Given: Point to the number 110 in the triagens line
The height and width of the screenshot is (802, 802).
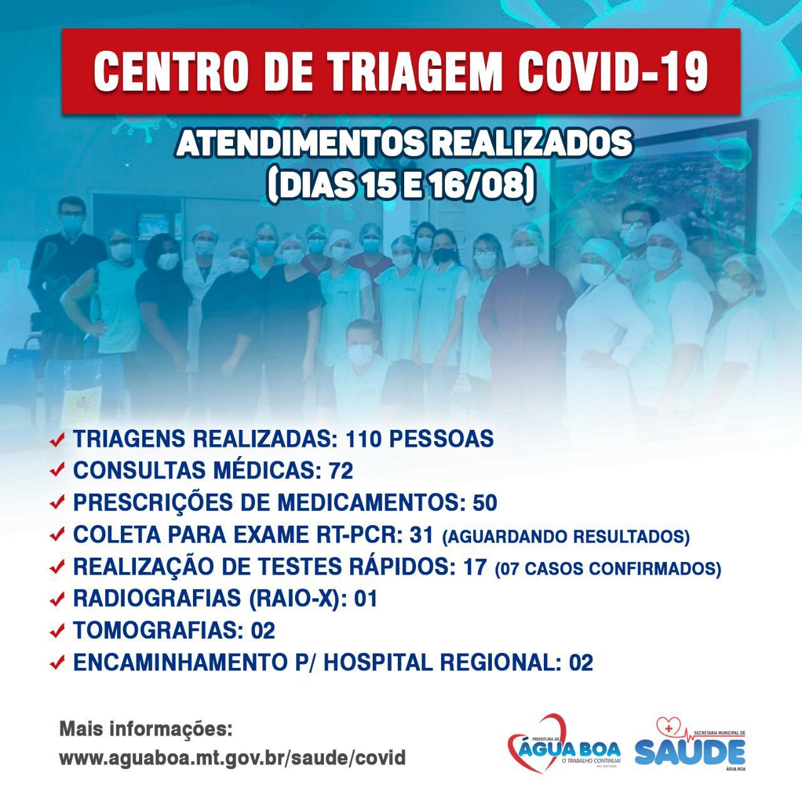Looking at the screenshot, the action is tap(363, 439).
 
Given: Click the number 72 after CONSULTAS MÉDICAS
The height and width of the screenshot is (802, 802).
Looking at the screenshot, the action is tap(341, 471).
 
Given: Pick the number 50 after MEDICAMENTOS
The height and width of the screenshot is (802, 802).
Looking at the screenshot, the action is tap(485, 503).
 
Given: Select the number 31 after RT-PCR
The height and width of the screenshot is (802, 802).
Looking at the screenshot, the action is tap(421, 535).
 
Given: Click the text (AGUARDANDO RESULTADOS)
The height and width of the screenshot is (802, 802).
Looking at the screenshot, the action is tap(566, 537).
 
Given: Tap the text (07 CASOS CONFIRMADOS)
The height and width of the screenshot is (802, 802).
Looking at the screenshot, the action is tap(608, 569).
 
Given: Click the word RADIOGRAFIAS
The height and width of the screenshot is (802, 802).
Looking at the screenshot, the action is tap(157, 598).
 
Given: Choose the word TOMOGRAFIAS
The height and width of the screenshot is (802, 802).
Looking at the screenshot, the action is tap(158, 630).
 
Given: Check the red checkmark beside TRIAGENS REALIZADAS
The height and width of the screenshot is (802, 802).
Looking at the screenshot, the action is tap(57, 439).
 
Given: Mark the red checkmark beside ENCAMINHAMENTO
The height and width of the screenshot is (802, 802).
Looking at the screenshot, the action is tap(57, 664).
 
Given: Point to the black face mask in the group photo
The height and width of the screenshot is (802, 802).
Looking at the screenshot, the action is tap(444, 255).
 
